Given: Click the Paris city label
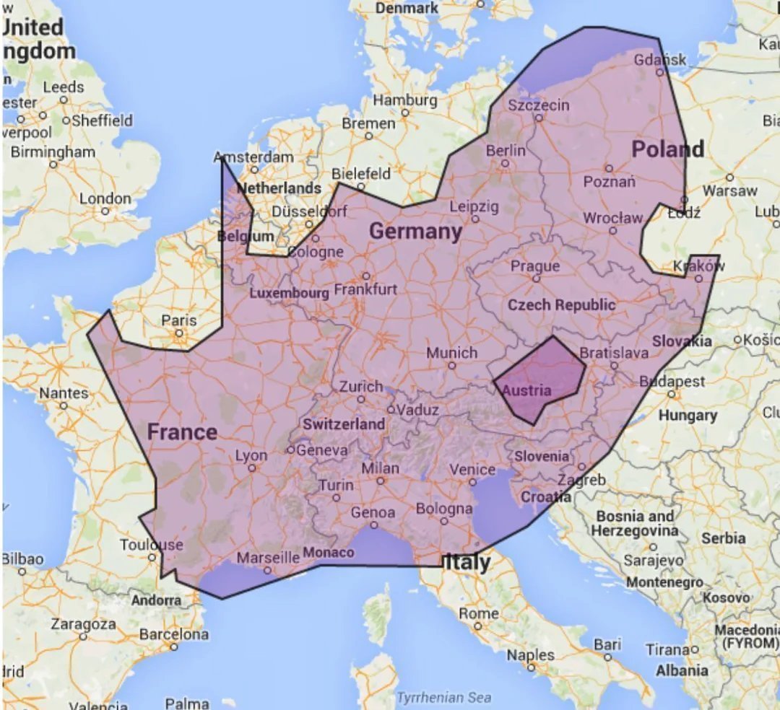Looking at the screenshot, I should (x=179, y=320).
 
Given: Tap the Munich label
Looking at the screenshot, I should (x=451, y=353).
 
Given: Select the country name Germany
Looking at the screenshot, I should (x=415, y=232).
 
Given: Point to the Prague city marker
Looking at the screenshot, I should (x=536, y=278).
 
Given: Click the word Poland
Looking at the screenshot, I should (x=667, y=149).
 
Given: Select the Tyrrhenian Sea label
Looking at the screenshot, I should (x=444, y=698).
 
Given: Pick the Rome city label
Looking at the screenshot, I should (x=479, y=613).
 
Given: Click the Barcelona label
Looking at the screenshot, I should (x=173, y=635).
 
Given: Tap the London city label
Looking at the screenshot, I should (x=105, y=198).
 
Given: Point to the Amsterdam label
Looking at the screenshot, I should (x=254, y=157).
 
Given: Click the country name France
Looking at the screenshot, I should (x=182, y=432).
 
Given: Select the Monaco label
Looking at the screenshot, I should (x=328, y=552).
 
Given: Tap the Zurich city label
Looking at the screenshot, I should (x=361, y=386).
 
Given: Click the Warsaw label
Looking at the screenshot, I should (x=730, y=190).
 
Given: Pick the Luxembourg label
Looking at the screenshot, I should (x=289, y=293).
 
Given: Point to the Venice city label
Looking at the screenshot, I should (x=472, y=470).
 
